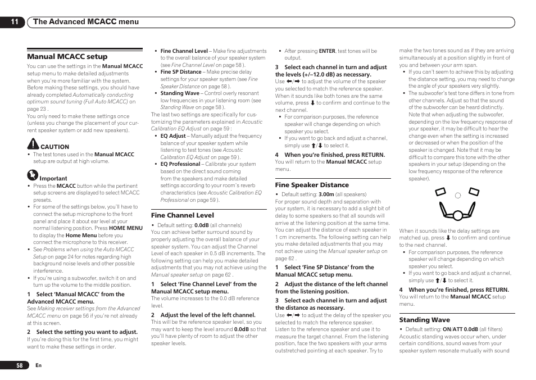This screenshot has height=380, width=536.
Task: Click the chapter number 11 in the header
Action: click(x=14, y=22)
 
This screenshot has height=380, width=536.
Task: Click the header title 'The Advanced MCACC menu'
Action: click(x=85, y=22)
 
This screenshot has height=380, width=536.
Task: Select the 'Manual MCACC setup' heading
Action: click(x=67, y=57)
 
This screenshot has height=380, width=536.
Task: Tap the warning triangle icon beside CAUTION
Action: click(x=33, y=144)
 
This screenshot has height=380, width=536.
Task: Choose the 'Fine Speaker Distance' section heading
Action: click(x=312, y=185)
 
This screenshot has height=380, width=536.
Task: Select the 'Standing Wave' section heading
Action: click(x=424, y=320)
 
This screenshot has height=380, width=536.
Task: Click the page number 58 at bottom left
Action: click(x=19, y=365)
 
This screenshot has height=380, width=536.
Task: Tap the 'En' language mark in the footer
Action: click(x=39, y=365)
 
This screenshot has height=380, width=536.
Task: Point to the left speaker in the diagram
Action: click(x=440, y=193)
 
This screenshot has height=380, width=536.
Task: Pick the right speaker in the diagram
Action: click(x=474, y=193)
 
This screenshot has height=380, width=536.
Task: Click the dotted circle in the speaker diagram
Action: click(x=457, y=195)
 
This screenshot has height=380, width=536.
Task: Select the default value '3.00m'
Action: click(x=326, y=194)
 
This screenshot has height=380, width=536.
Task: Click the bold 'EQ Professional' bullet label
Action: click(x=180, y=165)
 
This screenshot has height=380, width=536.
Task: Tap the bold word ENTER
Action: click(x=327, y=51)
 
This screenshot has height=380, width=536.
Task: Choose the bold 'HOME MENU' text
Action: click(x=126, y=228)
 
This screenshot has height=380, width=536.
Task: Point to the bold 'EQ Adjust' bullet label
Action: click(x=173, y=136)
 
